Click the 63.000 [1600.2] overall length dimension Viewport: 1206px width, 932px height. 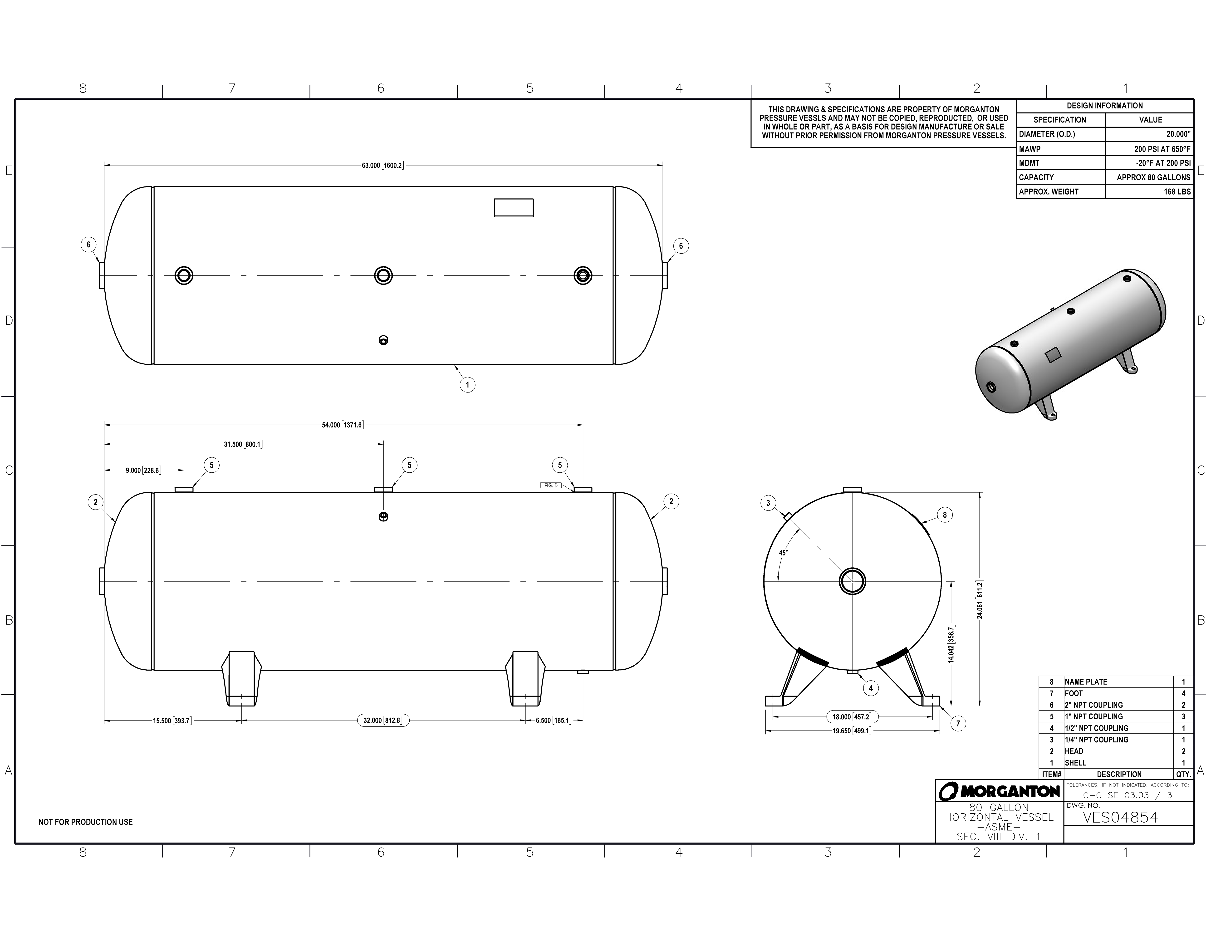click(383, 165)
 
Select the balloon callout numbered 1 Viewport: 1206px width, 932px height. click(467, 385)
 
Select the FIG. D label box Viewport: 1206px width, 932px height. click(550, 485)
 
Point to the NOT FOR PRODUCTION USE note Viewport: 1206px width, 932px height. click(86, 822)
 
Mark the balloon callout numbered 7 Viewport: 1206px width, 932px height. click(958, 723)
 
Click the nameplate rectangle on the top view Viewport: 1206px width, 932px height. click(514, 208)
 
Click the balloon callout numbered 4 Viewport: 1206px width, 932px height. click(871, 688)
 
